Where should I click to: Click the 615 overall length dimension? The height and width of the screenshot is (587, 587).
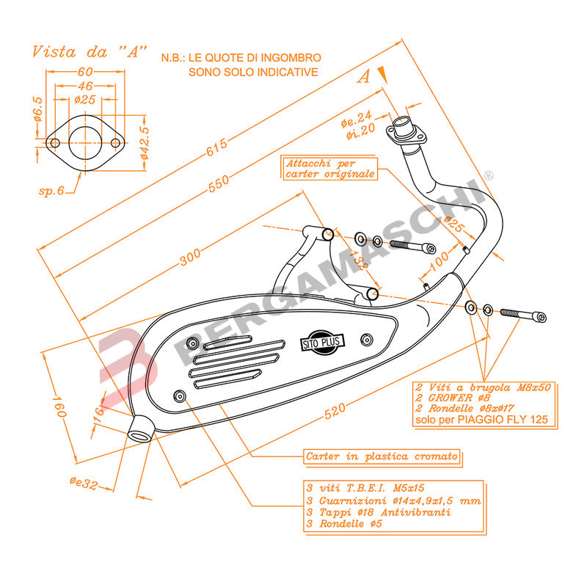pos(217,147)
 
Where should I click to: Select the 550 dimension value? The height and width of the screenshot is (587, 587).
pos(219,183)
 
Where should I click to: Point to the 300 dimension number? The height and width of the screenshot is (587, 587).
pos(190,258)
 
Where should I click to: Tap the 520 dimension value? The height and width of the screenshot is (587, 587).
pos(335,411)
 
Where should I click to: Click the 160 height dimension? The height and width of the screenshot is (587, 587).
pos(59,406)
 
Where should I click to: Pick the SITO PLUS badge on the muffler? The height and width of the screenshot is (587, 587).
pos(322,342)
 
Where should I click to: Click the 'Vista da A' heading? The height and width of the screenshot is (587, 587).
pos(89,51)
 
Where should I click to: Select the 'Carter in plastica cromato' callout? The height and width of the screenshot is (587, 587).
pos(382,456)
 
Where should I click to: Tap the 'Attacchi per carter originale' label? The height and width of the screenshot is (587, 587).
pos(329,169)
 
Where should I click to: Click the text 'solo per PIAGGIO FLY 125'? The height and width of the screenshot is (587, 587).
pos(481,420)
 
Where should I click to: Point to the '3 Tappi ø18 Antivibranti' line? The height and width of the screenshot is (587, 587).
pos(379,512)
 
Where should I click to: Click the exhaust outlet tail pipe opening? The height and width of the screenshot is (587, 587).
pos(139,435)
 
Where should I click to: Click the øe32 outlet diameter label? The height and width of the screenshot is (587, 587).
pos(84,483)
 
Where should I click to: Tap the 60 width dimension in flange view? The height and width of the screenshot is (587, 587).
pos(85,71)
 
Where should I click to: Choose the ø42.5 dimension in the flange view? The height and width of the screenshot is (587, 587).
pos(144,142)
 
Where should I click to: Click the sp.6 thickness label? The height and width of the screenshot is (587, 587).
pos(51,191)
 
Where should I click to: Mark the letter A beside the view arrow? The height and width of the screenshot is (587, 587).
pos(363,76)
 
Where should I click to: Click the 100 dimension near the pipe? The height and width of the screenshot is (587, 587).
pos(439,260)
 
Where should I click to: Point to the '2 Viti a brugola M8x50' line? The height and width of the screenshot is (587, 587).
pos(484,387)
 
